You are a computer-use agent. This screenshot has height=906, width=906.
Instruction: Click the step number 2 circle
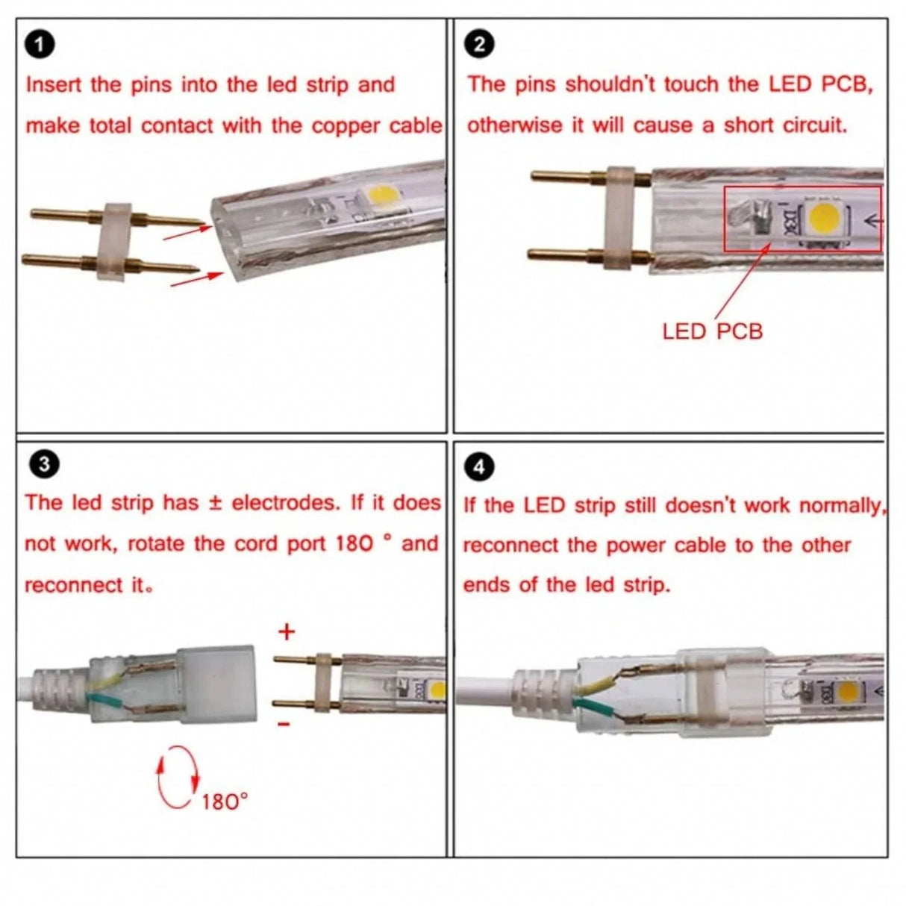[478, 44]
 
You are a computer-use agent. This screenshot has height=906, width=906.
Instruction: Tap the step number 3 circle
[43, 464]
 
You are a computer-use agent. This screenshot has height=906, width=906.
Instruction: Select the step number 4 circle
[478, 467]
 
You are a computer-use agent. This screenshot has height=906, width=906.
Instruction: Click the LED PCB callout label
[712, 331]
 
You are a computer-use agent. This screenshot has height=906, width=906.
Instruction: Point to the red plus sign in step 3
[287, 632]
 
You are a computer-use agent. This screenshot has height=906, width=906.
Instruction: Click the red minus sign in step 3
[284, 724]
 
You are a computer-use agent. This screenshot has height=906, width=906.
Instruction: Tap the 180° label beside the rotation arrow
[225, 802]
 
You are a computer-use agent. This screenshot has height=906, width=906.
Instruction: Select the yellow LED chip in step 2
[825, 219]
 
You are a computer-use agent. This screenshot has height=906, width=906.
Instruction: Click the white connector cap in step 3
[216, 684]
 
